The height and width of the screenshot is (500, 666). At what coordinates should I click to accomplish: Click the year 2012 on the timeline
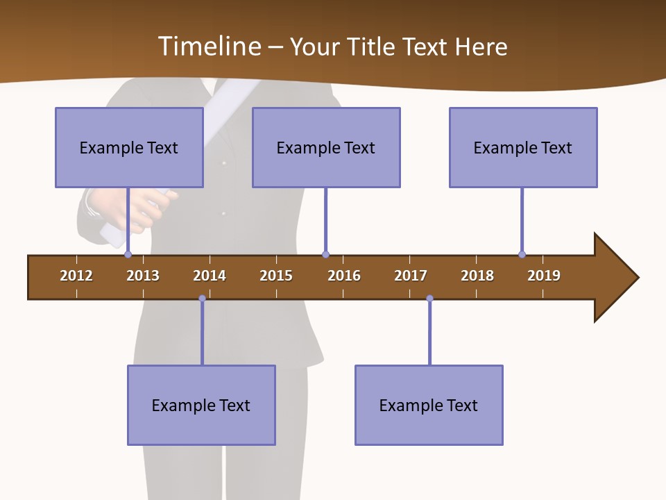click(76, 276)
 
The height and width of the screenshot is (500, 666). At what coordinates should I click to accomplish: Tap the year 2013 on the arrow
click(143, 276)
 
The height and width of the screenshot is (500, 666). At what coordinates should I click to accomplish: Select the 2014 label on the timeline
click(210, 276)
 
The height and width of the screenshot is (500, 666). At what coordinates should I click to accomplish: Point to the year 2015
click(276, 276)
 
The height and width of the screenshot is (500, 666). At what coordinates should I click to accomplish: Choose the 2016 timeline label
click(344, 276)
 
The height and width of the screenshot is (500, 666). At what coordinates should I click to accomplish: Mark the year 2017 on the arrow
click(411, 276)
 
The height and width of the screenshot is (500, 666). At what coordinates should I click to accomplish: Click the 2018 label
click(477, 276)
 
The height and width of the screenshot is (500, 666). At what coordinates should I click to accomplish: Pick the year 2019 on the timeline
click(544, 276)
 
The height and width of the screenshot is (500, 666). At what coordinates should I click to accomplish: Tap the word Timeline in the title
click(207, 47)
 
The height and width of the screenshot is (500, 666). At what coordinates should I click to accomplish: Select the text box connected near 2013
click(129, 147)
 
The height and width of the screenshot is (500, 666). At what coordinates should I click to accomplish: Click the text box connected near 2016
click(326, 147)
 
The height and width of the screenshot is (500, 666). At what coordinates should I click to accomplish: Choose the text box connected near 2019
click(523, 147)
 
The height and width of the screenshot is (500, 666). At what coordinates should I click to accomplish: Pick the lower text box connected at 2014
click(201, 405)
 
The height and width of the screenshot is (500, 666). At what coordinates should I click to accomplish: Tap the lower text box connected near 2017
click(429, 405)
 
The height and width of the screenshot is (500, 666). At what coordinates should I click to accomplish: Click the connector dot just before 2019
click(522, 254)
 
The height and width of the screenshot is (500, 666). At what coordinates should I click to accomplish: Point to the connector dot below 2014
click(202, 299)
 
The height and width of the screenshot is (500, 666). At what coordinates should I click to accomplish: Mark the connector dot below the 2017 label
click(429, 299)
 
